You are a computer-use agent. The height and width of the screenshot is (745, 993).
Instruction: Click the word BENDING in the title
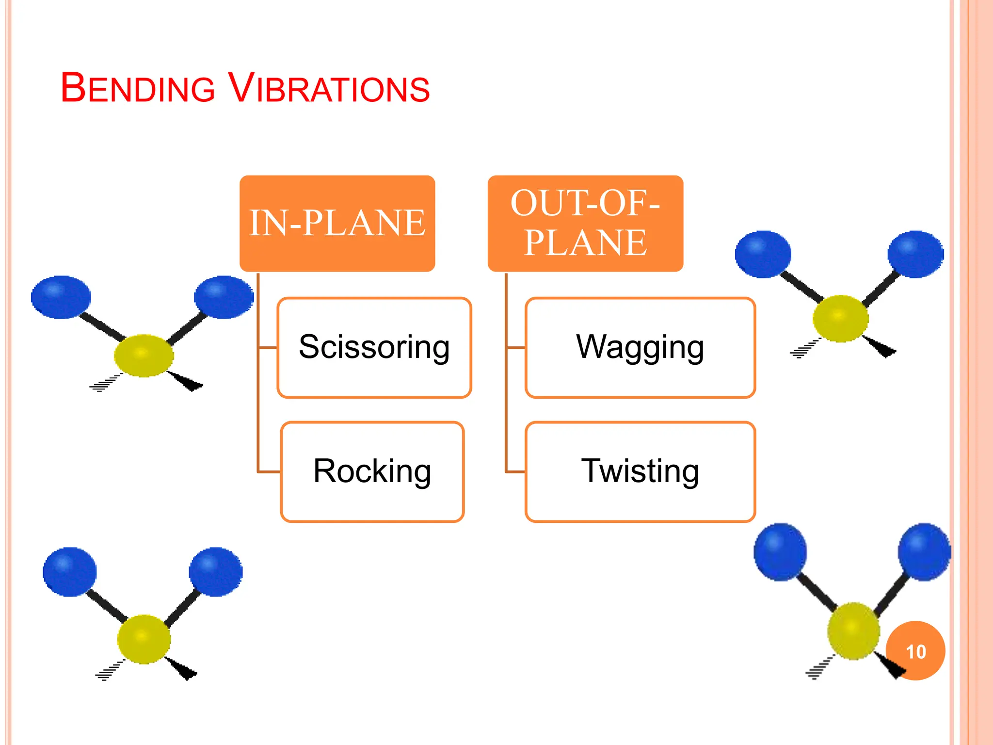pyautogui.click(x=138, y=88)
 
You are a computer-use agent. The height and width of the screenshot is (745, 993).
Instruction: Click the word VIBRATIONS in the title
pyautogui.click(x=329, y=88)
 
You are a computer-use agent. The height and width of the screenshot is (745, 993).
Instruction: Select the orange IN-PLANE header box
pyautogui.click(x=337, y=224)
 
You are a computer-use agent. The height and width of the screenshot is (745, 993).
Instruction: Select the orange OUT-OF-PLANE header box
pyautogui.click(x=585, y=224)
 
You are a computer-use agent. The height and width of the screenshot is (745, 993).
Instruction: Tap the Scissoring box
pyautogui.click(x=374, y=348)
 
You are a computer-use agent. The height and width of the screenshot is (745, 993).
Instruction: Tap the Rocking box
pyautogui.click(x=372, y=471)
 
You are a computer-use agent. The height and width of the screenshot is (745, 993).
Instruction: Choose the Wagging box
pyautogui.click(x=640, y=348)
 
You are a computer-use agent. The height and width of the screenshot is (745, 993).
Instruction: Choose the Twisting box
pyautogui.click(x=640, y=471)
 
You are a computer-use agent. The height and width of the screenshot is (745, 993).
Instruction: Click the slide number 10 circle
pyautogui.click(x=915, y=651)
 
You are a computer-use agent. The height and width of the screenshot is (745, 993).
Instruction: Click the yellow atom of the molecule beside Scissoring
pyautogui.click(x=144, y=356)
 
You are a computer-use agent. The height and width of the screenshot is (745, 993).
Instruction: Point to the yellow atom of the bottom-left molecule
pyautogui.click(x=144, y=639)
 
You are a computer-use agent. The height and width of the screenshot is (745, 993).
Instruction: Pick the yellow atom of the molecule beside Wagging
pyautogui.click(x=840, y=319)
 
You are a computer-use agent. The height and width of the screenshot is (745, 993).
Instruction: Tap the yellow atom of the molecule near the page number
pyautogui.click(x=853, y=631)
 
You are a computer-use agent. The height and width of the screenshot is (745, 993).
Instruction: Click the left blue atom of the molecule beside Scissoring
pyautogui.click(x=61, y=297)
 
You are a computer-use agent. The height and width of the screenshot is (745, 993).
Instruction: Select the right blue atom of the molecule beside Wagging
pyautogui.click(x=915, y=254)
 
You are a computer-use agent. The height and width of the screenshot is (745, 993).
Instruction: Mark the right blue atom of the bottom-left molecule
pyautogui.click(x=216, y=572)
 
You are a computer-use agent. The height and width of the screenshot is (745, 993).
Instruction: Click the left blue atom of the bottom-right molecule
pyautogui.click(x=780, y=552)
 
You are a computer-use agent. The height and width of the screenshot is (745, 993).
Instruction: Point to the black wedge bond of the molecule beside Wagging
pyautogui.click(x=880, y=346)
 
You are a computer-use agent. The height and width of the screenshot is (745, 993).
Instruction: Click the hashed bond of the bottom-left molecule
pyautogui.click(x=110, y=671)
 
